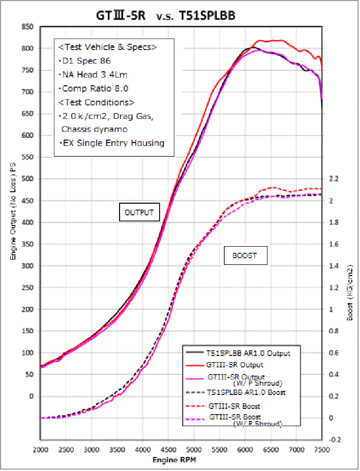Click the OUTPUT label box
(x=139, y=213)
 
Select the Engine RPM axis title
(x=180, y=458)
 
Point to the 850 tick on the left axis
(x=27, y=26)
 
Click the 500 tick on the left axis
(x=27, y=179)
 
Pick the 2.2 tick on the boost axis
(x=334, y=179)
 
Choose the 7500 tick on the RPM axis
(x=321, y=449)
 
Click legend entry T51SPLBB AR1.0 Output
(x=248, y=353)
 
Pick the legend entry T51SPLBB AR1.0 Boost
(x=247, y=392)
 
